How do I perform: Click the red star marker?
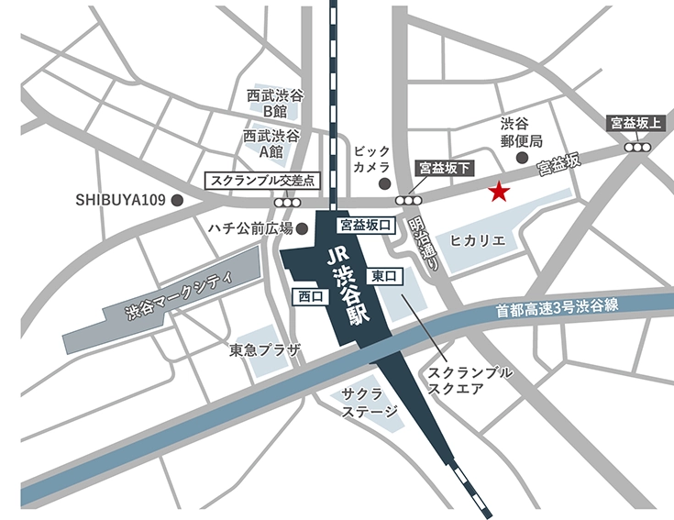pyautogui.click(x=498, y=192)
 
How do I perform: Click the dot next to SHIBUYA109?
pyautogui.click(x=178, y=198)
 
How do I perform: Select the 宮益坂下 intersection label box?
pyautogui.click(x=445, y=168)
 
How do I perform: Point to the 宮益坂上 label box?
pyautogui.click(x=636, y=123)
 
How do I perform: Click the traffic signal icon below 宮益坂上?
pyautogui.click(x=636, y=146)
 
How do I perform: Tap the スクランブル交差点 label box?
pyautogui.click(x=263, y=181)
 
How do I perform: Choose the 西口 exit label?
pyautogui.click(x=312, y=295)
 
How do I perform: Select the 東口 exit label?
pyautogui.click(x=384, y=275)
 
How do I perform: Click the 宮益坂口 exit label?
pyautogui.click(x=365, y=224)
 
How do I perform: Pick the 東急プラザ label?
pyautogui.click(x=259, y=350)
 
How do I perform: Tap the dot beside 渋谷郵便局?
pyautogui.click(x=522, y=158)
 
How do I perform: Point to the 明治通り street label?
pyautogui.click(x=426, y=243)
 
